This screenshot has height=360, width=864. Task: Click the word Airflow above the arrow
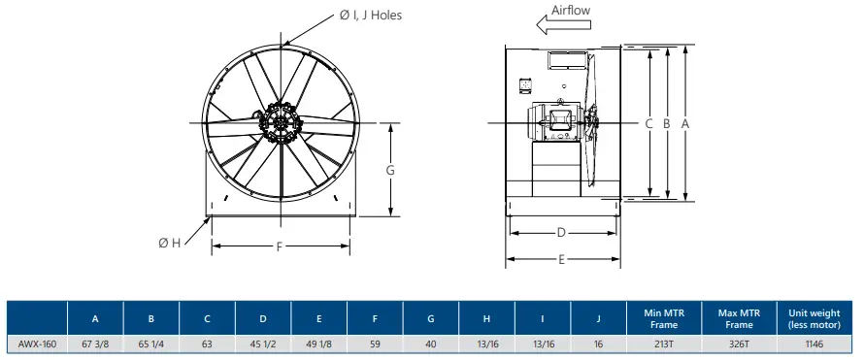tap(571, 11)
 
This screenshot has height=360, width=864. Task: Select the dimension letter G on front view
tap(390, 170)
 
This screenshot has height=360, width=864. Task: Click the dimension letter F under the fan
tap(280, 246)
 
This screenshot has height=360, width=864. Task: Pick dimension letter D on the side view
tap(561, 233)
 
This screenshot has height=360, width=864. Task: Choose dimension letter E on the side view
tap(561, 260)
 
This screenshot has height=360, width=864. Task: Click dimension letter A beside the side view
tap(686, 123)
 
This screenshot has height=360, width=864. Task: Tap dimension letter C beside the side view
tap(648, 123)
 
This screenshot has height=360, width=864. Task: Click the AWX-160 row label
tap(37, 344)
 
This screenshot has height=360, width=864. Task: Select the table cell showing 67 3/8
tap(94, 344)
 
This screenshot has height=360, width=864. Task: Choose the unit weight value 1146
tap(814, 344)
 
